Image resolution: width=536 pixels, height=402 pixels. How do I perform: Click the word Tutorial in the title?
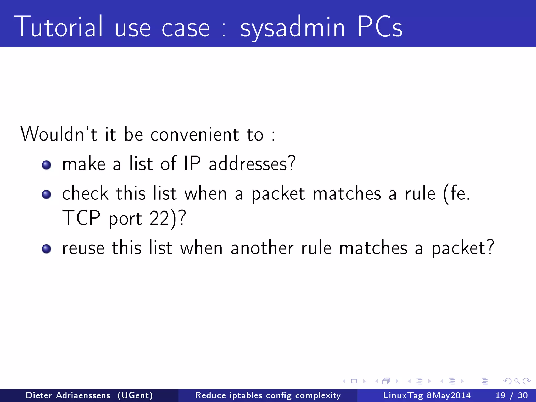[x=58, y=27]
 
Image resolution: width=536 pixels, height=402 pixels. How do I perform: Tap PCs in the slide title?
[x=379, y=27]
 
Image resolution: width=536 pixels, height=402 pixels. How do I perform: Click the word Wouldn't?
[x=59, y=134]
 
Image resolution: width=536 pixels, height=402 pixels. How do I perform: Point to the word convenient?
[x=195, y=135]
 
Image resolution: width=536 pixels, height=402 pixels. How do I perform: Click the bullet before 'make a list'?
[x=47, y=165]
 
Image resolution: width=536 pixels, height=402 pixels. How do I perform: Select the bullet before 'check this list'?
[x=47, y=194]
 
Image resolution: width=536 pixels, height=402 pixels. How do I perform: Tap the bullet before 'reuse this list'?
[x=47, y=249]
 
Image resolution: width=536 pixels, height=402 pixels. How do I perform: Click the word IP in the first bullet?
[x=192, y=164]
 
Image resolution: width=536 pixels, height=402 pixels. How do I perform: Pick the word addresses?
[x=252, y=164]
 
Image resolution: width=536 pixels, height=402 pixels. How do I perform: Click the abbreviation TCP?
[x=81, y=218]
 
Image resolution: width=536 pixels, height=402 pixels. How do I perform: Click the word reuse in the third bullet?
[x=83, y=248]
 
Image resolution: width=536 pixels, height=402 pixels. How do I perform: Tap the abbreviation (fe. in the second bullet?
[x=456, y=194]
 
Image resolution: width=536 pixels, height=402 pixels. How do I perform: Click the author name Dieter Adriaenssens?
[x=68, y=395]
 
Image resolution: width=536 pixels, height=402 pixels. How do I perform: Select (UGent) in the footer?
[x=135, y=395]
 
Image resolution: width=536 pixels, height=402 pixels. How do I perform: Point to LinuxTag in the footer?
[x=403, y=395]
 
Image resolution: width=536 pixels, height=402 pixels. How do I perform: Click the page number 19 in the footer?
[x=500, y=395]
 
